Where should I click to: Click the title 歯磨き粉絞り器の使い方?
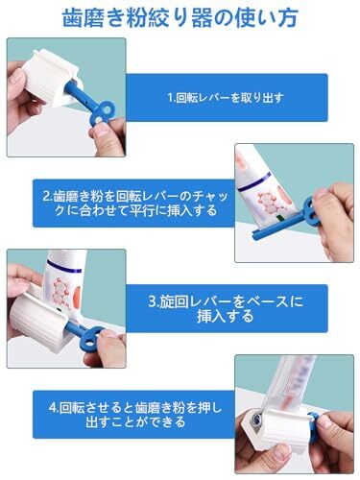(x=180, y=16)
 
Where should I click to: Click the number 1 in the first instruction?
(x=170, y=98)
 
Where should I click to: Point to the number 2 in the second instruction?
(x=46, y=194)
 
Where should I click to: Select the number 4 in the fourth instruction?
(x=40, y=405)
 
